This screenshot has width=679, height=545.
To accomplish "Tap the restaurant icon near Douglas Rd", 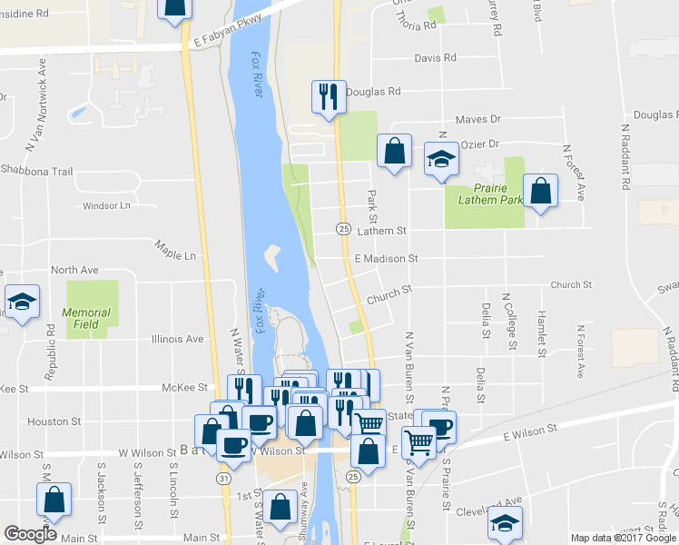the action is coord(328,96).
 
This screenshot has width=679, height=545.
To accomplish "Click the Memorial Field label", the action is coord(86,318).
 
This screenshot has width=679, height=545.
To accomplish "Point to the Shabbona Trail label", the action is coord(36,171).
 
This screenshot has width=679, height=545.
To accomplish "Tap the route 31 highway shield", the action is coord(222,476).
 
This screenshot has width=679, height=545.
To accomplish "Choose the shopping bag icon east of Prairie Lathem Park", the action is coord(540,191).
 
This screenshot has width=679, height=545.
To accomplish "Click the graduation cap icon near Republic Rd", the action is coord(22,302).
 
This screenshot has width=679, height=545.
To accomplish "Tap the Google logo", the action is coord(30,534).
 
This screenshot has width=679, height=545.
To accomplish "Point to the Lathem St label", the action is coord(380,232).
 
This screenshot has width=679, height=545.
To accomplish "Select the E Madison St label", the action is coord(386,259).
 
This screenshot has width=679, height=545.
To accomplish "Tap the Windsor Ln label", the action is coord(106,206).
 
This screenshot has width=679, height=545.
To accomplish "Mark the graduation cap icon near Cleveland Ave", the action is coord(506,521).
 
